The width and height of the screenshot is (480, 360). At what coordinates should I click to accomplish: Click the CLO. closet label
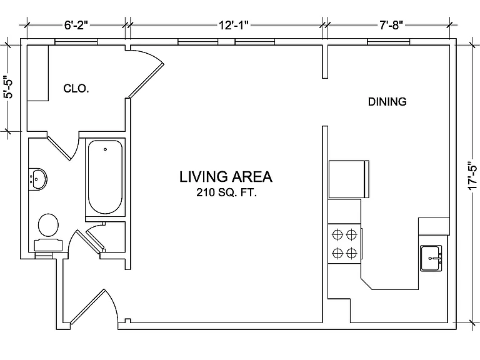coord(76,89)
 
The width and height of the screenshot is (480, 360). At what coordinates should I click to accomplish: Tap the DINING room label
coord(387,102)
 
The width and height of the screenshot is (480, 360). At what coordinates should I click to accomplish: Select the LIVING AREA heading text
coord(226,177)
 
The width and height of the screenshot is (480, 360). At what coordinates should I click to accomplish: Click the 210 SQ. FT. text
coord(226,192)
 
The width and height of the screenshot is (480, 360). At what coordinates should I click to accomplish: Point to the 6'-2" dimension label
coord(76,25)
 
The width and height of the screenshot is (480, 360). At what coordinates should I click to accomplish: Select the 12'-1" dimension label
coord(233,25)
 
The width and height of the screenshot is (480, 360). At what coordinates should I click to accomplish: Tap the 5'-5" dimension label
coord(8,87)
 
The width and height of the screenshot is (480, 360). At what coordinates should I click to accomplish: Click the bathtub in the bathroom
coord(105,177)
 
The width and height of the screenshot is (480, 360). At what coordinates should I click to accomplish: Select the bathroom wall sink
coord(37,179)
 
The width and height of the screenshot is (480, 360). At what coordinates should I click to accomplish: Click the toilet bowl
coord(48,225)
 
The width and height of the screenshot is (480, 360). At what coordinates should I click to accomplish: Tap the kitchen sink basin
coord(431,258)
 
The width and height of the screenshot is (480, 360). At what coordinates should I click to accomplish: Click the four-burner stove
coord(345,244)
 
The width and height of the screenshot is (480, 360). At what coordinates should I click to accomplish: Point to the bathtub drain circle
coord(105,149)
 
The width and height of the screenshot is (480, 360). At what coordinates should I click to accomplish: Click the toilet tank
coord(48,246)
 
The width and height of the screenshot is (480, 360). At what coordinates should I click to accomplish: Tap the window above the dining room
coord(389,42)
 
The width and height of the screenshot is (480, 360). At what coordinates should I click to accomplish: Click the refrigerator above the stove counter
coord(349,179)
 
